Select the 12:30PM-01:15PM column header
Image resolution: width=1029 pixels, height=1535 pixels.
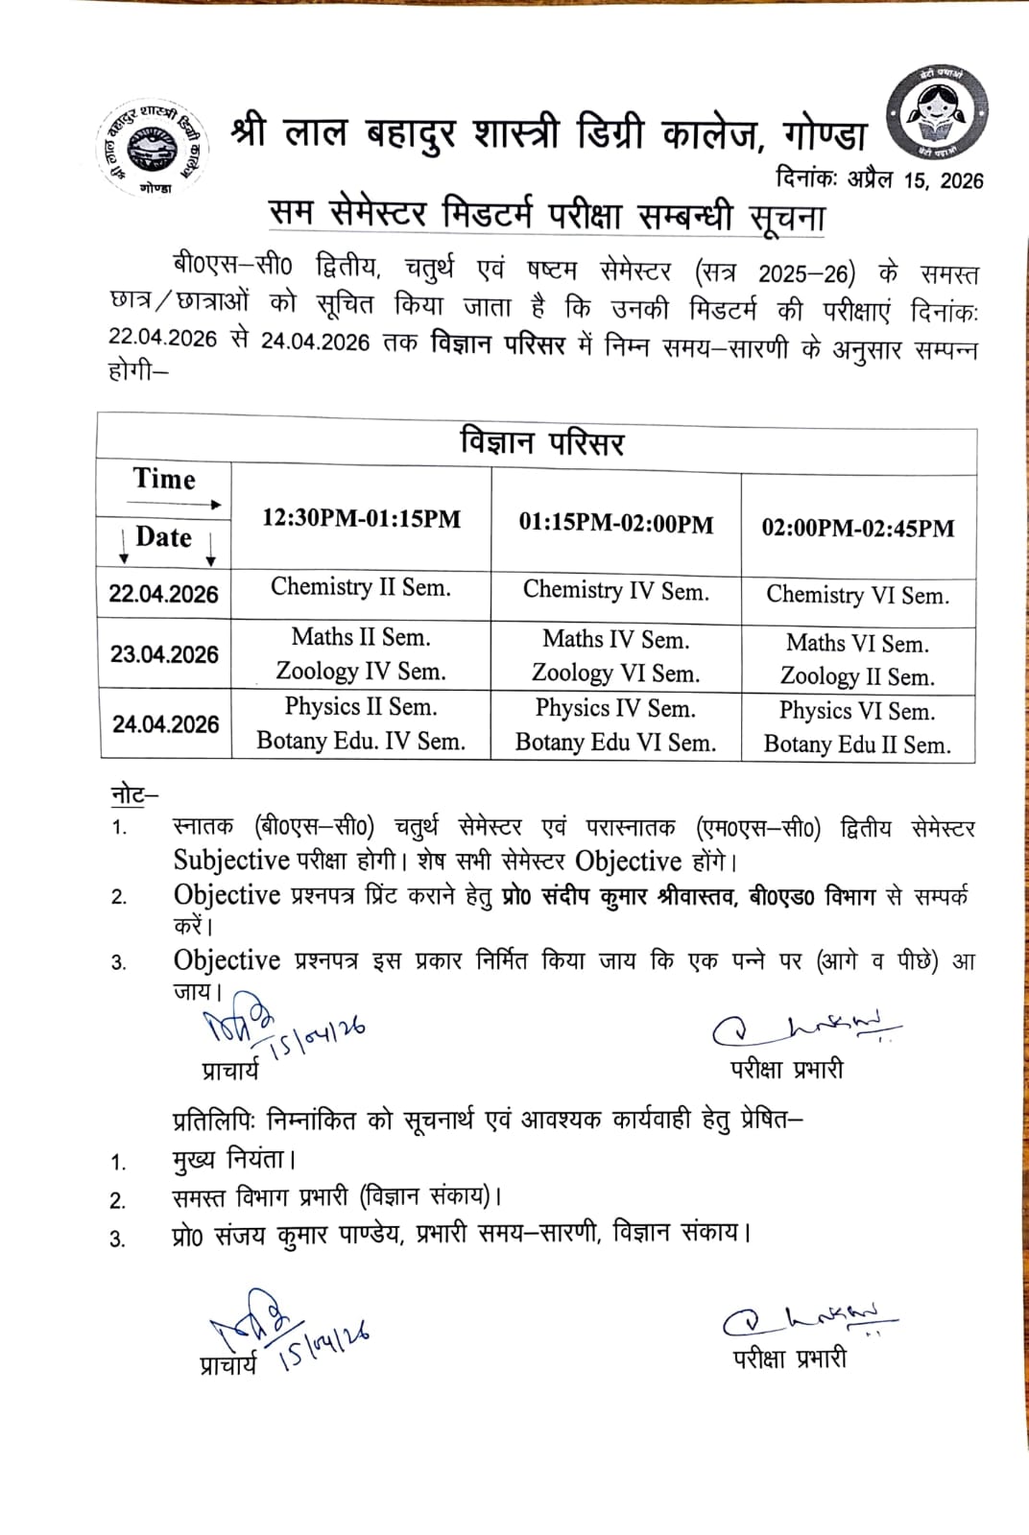tap(362, 520)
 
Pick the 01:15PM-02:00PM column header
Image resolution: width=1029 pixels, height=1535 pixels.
tap(616, 524)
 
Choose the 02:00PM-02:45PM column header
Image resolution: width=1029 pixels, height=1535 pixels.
tap(858, 528)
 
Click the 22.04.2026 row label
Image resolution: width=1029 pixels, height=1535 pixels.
tap(164, 594)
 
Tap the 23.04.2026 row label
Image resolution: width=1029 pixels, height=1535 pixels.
tap(164, 655)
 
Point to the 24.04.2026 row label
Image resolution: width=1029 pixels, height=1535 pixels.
tap(165, 724)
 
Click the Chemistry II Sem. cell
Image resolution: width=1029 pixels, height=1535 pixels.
tap(361, 587)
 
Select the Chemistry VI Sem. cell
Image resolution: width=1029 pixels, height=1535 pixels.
tap(857, 596)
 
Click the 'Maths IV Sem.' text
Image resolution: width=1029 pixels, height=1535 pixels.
tap(615, 639)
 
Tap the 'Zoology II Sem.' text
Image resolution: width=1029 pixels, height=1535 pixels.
tap(857, 677)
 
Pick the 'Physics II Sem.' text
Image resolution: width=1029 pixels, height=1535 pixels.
tap(361, 707)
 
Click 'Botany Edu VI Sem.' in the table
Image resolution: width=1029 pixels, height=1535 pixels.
tap(615, 743)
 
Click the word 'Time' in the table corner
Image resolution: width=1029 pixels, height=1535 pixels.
tap(164, 479)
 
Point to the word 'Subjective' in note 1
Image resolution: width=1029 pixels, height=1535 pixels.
tap(231, 861)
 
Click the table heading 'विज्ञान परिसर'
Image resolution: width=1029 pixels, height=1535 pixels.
tap(542, 443)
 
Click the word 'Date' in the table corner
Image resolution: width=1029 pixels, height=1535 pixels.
tap(164, 537)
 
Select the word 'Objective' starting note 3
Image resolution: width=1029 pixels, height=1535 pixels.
tap(227, 960)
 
